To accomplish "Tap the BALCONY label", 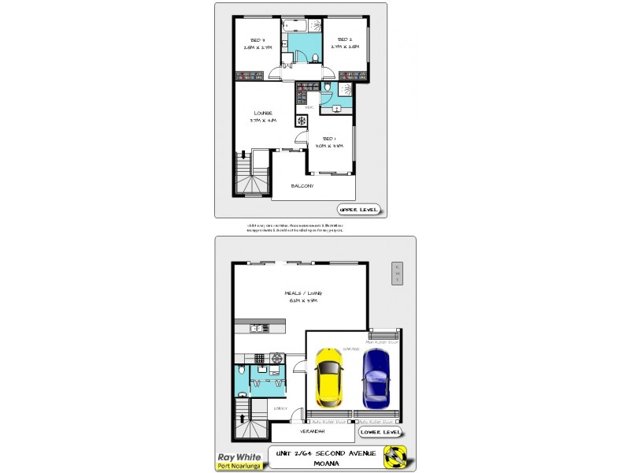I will [x=302, y=186].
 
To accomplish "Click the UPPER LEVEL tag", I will [x=359, y=210].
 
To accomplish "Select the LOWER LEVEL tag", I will [x=380, y=432].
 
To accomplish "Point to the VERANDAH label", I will [x=313, y=432].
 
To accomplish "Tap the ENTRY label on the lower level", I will [x=278, y=408].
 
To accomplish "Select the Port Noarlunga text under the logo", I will [x=239, y=465].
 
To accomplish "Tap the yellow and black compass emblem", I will [x=395, y=457].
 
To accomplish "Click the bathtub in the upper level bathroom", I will [x=303, y=27].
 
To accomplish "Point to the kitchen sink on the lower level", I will [x=257, y=328].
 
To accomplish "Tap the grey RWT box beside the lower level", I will [x=398, y=274].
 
